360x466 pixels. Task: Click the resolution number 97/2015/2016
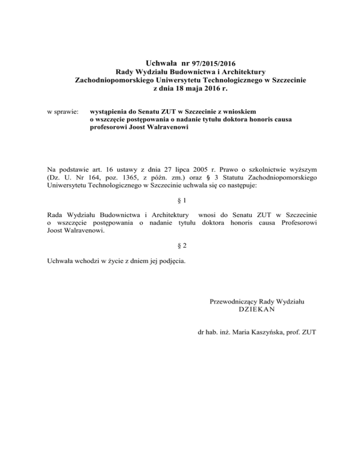pyautogui.click(x=212, y=63)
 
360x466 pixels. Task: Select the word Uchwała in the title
pyautogui.click(x=163, y=62)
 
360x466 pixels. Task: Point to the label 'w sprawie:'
pyautogui.click(x=63, y=113)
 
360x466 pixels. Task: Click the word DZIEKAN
pyautogui.click(x=256, y=310)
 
